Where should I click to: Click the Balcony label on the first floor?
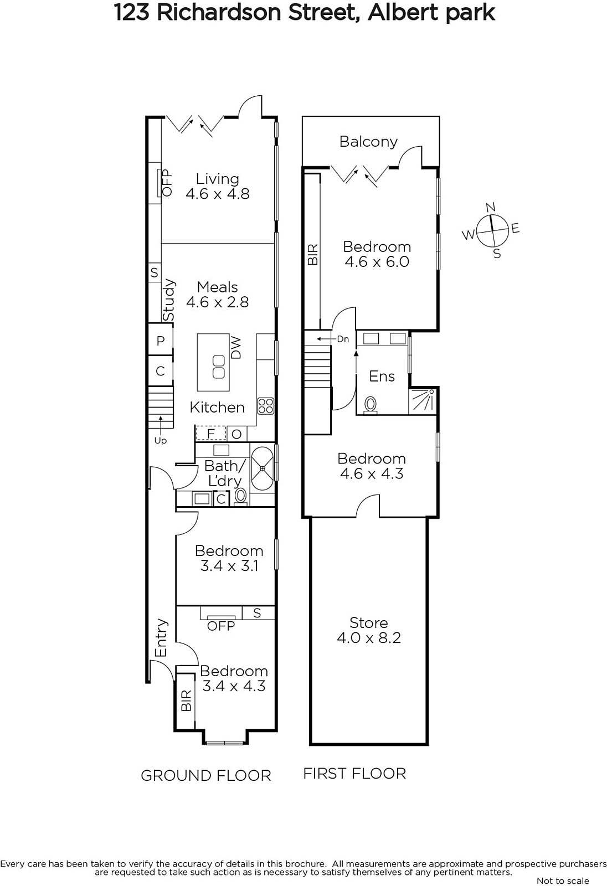coord(368,142)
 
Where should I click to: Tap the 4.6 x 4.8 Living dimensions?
coord(218,194)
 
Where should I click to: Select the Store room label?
coord(368,622)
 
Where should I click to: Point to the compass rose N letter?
coord(491,207)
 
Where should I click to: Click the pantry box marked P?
coord(160,339)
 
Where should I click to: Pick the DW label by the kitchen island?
coord(236,347)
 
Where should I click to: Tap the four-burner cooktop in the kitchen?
coord(265,406)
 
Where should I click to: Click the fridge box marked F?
coord(211,434)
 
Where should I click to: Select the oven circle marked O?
coord(236,434)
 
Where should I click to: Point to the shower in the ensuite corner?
coord(423,401)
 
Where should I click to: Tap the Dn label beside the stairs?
coord(343,339)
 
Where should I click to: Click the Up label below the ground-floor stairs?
coord(160,441)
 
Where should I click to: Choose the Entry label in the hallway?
coord(161,637)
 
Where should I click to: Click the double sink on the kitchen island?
coord(218,366)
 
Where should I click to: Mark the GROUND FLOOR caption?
coord(206,776)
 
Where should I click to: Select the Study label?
coord(168,300)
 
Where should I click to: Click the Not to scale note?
coord(563,880)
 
